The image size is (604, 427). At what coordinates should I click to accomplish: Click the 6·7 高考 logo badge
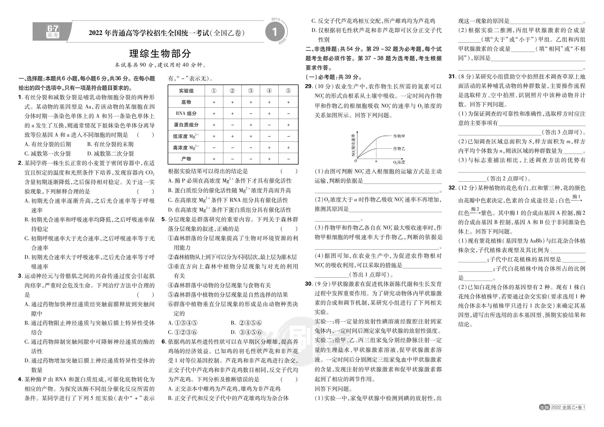point(53,32)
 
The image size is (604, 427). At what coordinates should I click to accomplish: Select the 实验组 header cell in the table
point(186,91)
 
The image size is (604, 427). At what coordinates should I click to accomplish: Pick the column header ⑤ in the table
point(288,91)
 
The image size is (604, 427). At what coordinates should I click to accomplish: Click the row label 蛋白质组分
point(186,125)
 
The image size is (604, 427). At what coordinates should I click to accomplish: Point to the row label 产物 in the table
point(186,159)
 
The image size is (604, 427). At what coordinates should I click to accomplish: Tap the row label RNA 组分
point(186,114)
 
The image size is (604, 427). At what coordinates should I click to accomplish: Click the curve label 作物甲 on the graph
point(399,136)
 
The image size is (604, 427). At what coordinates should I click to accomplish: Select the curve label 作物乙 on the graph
point(399,149)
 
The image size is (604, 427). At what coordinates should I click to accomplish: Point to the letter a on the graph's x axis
point(376,161)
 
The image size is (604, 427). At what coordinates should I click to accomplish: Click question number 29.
point(309,86)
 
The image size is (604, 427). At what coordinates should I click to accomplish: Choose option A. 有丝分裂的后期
point(48,144)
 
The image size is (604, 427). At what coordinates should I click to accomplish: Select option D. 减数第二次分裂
point(111,154)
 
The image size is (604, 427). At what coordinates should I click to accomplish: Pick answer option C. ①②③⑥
point(183,332)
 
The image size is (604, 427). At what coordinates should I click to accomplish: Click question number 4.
point(20,379)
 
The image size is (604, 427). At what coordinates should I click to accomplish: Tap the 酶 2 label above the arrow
point(475,209)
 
